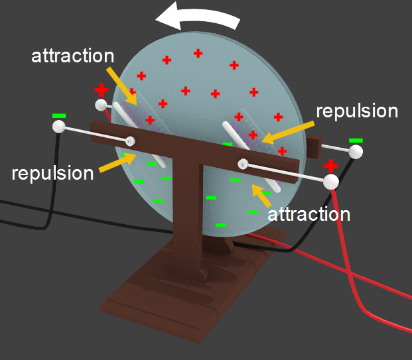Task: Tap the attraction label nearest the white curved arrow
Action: pos(73,55)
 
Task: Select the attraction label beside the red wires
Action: pos(308,214)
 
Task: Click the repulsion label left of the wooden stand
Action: pos(53,173)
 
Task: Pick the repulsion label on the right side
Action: pos(356,111)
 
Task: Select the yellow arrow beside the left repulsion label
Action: pos(118,163)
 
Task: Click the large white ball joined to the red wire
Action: pos(330,180)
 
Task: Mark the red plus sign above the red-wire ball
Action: pos(331,165)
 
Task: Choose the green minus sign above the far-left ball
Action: pos(59,117)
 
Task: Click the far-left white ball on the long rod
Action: pos(59,128)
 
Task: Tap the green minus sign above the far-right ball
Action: pos(356,140)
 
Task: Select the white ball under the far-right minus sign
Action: pos(356,152)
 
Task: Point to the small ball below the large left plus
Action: pos(100,104)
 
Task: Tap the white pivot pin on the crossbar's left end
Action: pos(131,141)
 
